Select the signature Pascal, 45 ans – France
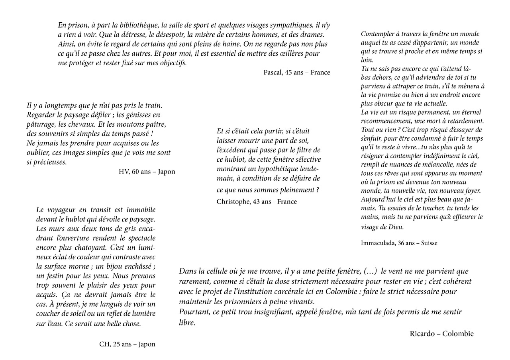click(x=296, y=72)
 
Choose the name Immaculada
click(x=377, y=243)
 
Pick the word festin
click(x=54, y=276)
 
